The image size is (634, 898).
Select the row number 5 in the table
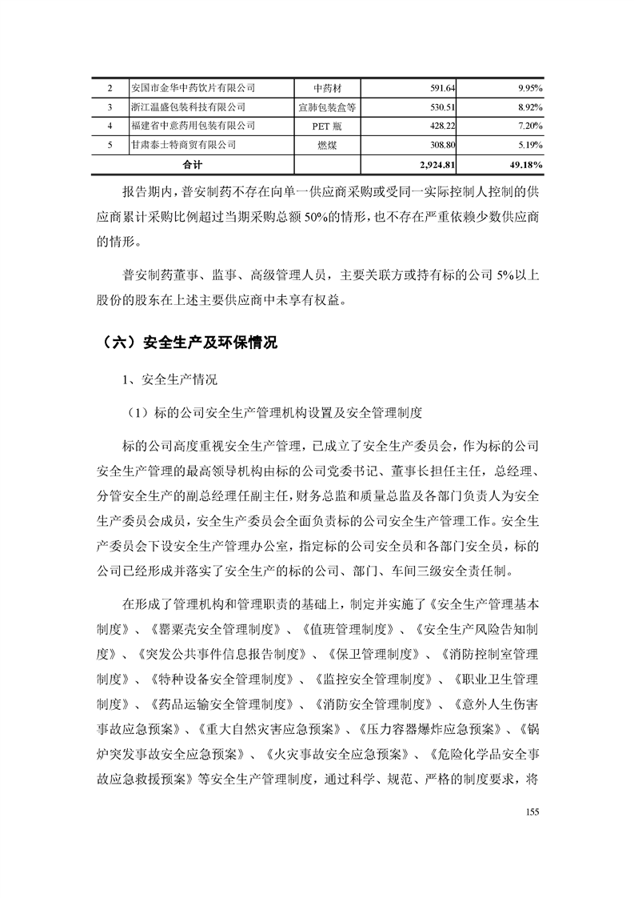[110, 145]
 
